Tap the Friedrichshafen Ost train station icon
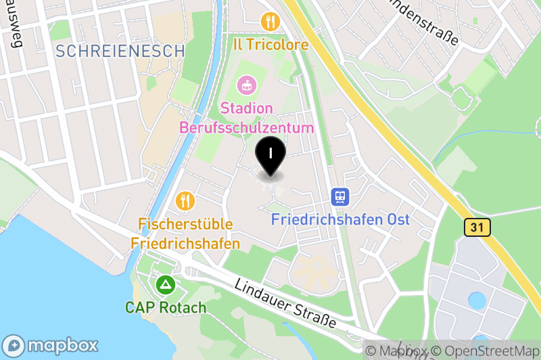[340, 197]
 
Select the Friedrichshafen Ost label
[340, 219]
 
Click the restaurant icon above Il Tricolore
[270, 22]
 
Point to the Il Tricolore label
[270, 45]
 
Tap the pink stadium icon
[246, 86]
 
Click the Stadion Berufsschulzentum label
[246, 118]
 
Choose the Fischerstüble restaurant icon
[185, 200]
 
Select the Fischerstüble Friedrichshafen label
[186, 233]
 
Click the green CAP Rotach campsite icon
[165, 285]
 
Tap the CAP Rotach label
[165, 307]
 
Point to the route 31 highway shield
[477, 228]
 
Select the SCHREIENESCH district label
[120, 51]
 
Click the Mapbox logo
[51, 344]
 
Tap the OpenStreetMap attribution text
[487, 351]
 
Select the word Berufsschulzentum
[246, 127]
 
